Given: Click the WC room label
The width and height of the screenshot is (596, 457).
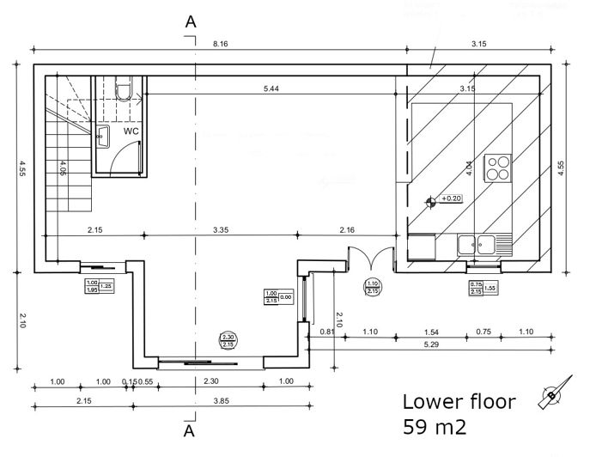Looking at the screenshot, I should (x=131, y=131).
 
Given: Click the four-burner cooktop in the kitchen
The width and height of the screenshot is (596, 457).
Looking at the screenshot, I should (x=498, y=168).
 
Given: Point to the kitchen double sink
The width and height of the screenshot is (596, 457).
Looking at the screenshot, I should (x=479, y=245).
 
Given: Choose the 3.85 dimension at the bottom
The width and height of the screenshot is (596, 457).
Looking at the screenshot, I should (x=220, y=400).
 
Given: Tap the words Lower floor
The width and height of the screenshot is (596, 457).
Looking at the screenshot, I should (x=459, y=401).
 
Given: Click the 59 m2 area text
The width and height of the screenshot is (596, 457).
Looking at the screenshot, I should (x=433, y=427).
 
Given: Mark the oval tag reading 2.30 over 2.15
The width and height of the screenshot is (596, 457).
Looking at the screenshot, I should (x=227, y=340).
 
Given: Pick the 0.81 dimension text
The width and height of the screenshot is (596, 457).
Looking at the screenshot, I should (x=326, y=331).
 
